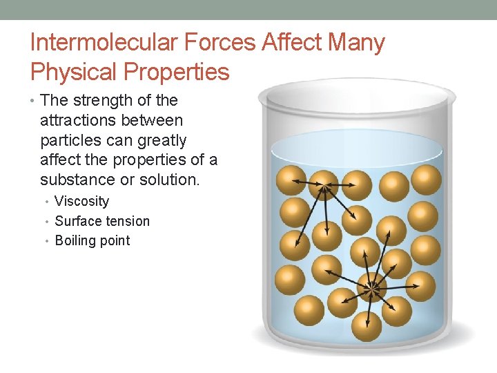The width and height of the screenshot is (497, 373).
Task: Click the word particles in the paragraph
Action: coord(71,140)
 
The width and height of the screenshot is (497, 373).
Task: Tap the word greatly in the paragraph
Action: coord(159,140)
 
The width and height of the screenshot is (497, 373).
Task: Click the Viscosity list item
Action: coord(81,202)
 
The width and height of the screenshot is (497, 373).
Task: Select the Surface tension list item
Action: coord(102,221)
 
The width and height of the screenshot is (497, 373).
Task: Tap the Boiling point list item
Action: coord(92,241)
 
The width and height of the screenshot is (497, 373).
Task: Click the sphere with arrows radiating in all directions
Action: coord(373,285)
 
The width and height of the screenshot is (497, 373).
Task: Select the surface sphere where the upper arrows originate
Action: coord(324,184)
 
